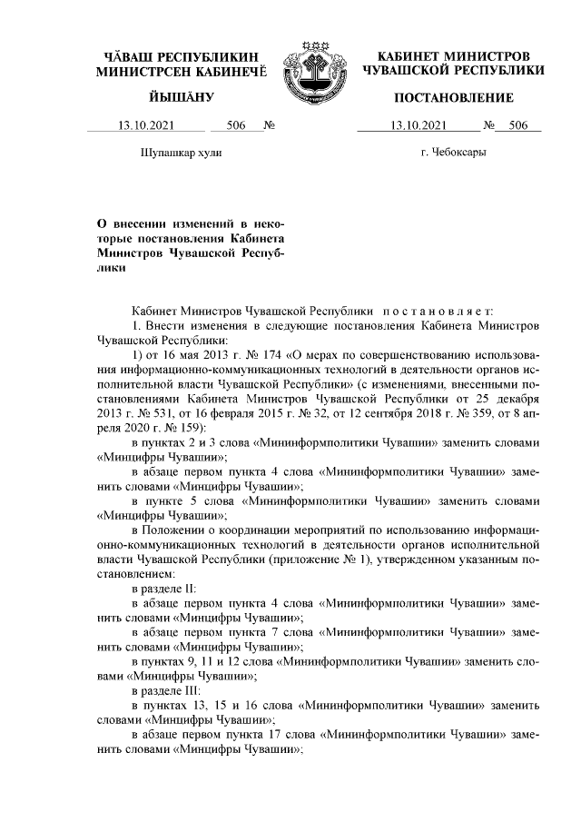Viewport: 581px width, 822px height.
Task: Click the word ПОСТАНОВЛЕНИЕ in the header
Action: pos(453,97)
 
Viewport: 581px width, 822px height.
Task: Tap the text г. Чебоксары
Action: pos(453,154)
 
